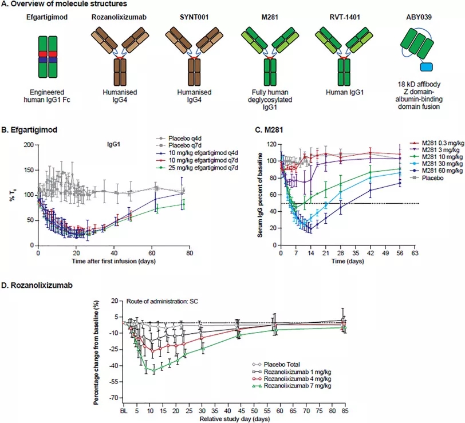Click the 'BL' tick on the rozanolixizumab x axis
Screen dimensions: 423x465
123,410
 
